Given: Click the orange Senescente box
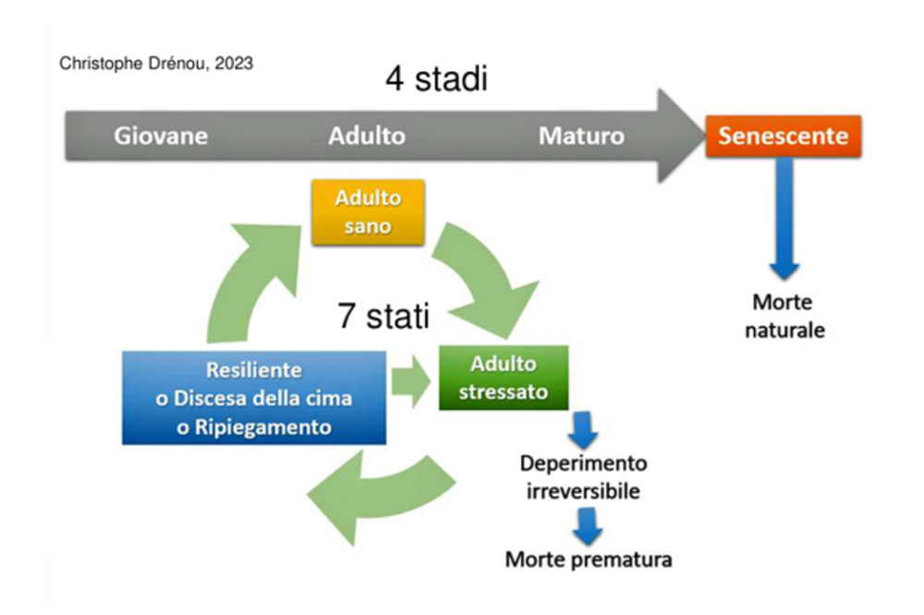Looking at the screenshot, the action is [x=784, y=136].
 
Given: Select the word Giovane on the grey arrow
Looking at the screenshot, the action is [x=161, y=136].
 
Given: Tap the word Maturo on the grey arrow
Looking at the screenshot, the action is [x=581, y=136].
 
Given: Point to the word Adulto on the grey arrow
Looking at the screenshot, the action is [x=367, y=136].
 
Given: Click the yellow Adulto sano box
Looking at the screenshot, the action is [x=368, y=212].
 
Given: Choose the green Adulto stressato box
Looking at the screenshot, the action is [x=504, y=378].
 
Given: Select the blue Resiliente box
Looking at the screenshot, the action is [x=254, y=398].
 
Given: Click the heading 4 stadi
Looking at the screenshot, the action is [x=437, y=78].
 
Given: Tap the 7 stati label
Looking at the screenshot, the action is [x=383, y=316].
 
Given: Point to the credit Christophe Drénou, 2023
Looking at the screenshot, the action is [x=156, y=64].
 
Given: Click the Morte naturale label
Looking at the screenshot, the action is [x=784, y=317].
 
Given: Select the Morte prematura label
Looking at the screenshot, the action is [x=589, y=559].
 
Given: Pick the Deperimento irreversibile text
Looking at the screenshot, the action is [x=583, y=477].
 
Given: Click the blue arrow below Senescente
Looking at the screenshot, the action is [x=784, y=218].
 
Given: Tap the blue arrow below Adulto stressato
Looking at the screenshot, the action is [x=583, y=430].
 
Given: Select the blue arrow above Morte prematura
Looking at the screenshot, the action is [x=588, y=525].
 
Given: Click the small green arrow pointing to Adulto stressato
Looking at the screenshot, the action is [x=411, y=381].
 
